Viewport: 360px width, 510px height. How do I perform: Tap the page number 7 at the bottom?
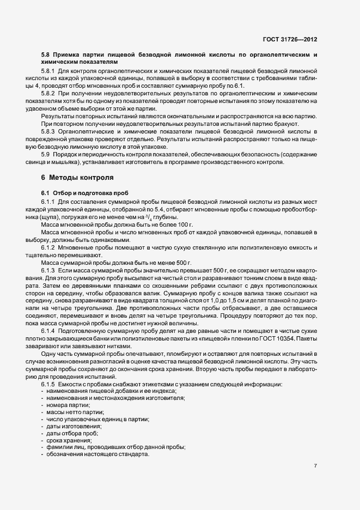(315, 466)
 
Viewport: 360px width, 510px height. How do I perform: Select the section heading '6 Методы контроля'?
(77, 178)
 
